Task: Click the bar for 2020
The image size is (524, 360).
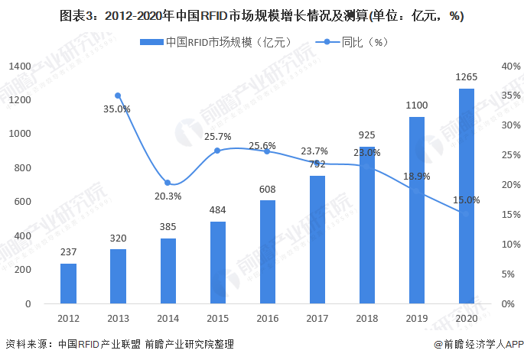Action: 466,196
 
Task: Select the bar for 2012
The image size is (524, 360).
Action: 68,284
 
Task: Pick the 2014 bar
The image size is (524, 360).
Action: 168,271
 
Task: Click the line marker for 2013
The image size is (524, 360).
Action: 118,96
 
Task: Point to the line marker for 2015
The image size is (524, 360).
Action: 217,151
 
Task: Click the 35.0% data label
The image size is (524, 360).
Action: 117,109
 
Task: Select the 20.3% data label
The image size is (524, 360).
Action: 168,196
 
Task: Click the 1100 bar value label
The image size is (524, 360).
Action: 416,105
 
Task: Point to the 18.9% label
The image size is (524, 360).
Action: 416,176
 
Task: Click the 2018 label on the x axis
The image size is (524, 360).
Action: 366,318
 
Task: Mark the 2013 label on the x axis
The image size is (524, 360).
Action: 118,318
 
